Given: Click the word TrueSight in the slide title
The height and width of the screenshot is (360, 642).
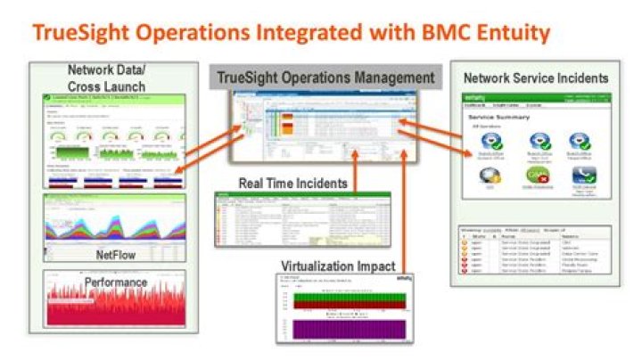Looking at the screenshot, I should [x=86, y=33].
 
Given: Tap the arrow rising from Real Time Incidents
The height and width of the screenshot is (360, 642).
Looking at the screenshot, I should [x=357, y=169].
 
